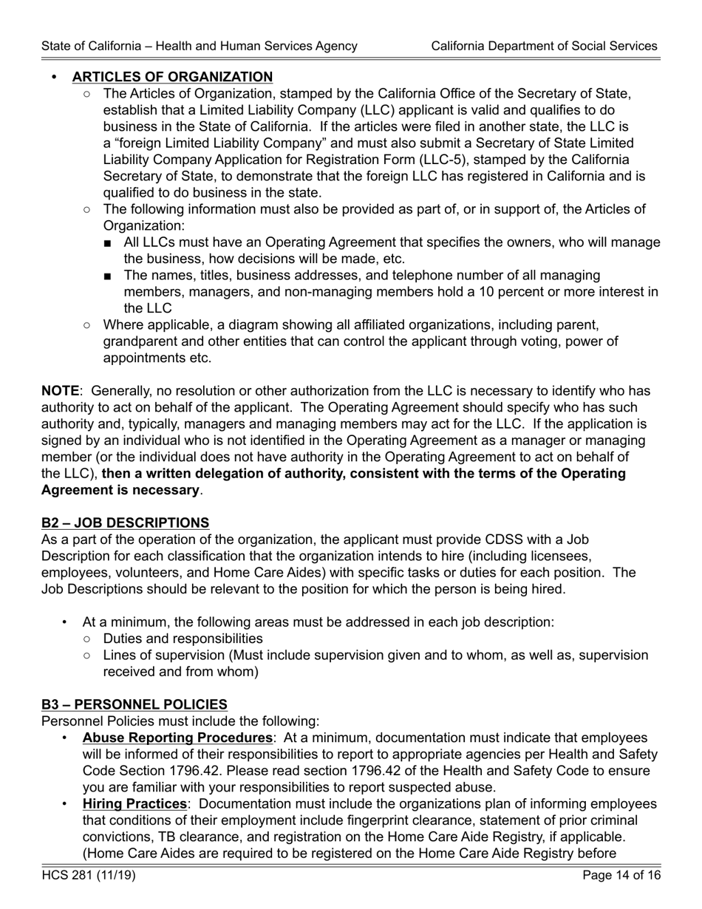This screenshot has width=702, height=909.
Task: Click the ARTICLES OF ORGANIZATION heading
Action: (x=172, y=77)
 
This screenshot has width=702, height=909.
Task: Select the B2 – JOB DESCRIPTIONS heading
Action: (x=125, y=523)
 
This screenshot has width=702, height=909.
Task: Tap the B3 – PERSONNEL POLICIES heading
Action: (x=134, y=705)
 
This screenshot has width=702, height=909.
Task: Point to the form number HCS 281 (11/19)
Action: (x=89, y=876)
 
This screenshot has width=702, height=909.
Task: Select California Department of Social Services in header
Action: (x=544, y=46)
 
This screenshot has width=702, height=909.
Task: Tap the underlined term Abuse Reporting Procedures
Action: (x=177, y=738)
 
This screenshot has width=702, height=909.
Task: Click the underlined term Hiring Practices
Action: (x=134, y=804)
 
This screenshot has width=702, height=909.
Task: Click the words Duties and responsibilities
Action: (x=183, y=639)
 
